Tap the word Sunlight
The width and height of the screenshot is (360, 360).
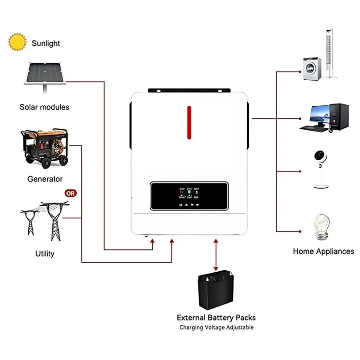(x=45, y=43)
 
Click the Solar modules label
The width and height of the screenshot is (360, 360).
(x=45, y=107)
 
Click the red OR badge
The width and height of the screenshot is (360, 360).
(x=71, y=193)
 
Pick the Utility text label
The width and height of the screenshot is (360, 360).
(x=45, y=253)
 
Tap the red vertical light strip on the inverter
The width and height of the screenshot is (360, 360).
(x=189, y=123)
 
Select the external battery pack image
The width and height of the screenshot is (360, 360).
(x=216, y=288)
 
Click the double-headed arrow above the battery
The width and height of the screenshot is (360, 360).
(x=216, y=254)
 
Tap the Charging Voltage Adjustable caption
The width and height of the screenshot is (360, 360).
(x=216, y=328)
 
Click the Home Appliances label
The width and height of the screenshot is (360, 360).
(x=323, y=252)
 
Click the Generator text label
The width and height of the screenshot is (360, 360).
(x=45, y=179)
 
